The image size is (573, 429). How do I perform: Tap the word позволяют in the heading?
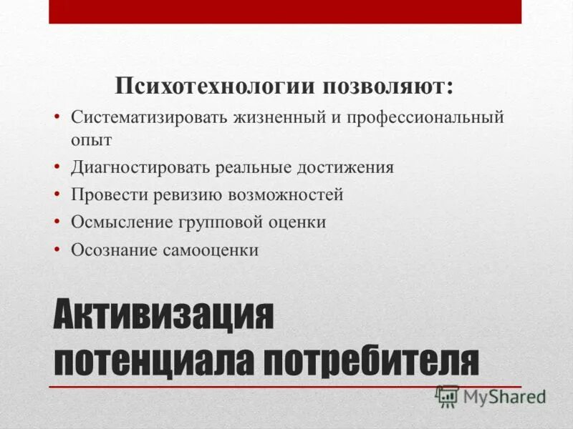click(387, 88)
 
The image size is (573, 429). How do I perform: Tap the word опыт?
click(91, 139)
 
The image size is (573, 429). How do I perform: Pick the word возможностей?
click(286, 194)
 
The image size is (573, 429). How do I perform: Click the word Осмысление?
click(120, 222)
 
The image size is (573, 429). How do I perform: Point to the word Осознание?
click(115, 250)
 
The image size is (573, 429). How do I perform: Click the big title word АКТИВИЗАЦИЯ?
click(164, 315)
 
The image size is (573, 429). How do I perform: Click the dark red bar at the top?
click(285, 11)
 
